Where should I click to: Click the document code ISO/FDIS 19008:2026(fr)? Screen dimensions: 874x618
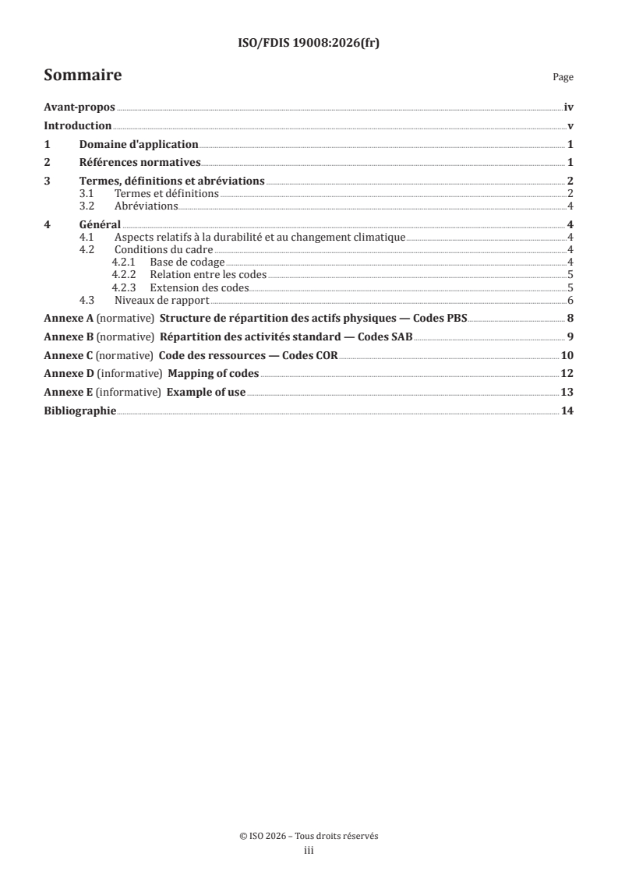coord(309,44)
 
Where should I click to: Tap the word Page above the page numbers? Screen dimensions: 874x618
coord(563,77)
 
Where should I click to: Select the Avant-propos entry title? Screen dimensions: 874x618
coord(79,108)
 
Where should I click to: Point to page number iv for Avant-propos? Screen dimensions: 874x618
coord(569,108)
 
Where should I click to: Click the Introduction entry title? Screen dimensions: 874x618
coord(78,126)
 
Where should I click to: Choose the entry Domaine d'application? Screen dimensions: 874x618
coord(139,144)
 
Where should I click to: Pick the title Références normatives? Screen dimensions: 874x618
coord(140,163)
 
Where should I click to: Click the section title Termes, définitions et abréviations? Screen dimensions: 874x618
coord(172,181)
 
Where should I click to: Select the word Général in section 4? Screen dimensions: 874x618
coord(100,225)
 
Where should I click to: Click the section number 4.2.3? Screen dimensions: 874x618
coord(124,287)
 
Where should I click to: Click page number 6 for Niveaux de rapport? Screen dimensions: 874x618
coord(570,300)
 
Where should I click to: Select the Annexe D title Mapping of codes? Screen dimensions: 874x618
coord(213,374)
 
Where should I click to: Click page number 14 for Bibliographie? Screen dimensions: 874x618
coord(567,411)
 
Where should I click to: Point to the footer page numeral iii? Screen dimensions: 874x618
coord(309,851)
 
